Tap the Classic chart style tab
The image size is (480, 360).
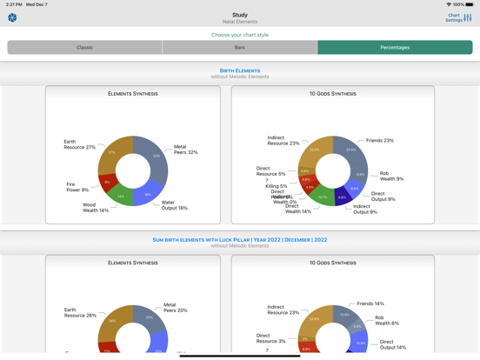pyautogui.click(x=84, y=48)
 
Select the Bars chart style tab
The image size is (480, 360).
pyautogui.click(x=239, y=48)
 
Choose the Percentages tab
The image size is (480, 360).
pyautogui.click(x=395, y=48)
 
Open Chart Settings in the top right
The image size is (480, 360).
pyautogui.click(x=458, y=17)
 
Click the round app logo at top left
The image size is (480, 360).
pyautogui.click(x=12, y=17)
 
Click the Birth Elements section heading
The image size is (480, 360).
pyautogui.click(x=239, y=70)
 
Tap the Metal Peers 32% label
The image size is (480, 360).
pyautogui.click(x=185, y=150)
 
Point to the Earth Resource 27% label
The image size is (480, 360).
pyautogui.click(x=79, y=144)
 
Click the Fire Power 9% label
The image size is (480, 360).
pyautogui.click(x=77, y=187)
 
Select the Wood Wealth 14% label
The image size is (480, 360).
pyautogui.click(x=96, y=208)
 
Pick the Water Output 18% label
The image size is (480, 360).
pyautogui.click(x=174, y=205)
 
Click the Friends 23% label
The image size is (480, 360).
pyautogui.click(x=379, y=140)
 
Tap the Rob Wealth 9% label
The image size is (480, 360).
pyautogui.click(x=390, y=176)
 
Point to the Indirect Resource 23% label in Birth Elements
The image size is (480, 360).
pyautogui.click(x=283, y=140)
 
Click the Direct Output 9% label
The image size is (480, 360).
pyautogui.click(x=383, y=197)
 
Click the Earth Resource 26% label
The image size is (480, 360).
pyautogui.click(x=79, y=312)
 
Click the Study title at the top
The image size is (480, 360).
pyautogui.click(x=239, y=15)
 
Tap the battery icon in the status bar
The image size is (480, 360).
pyautogui.click(x=470, y=4)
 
